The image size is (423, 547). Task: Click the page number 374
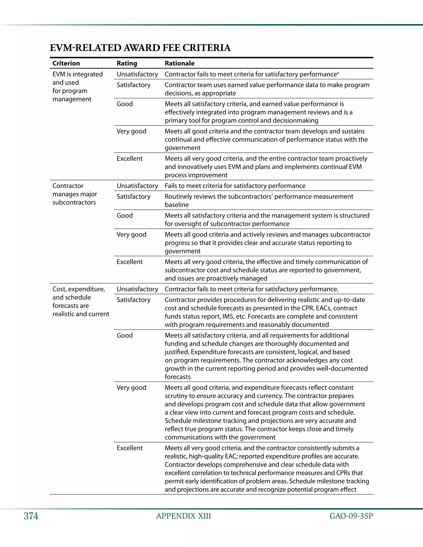(x=31, y=516)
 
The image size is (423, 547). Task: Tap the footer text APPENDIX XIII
(x=183, y=516)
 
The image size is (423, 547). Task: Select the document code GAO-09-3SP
(x=351, y=516)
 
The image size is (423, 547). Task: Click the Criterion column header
(x=66, y=63)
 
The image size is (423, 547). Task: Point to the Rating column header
(x=127, y=63)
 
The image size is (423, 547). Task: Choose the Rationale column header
(x=179, y=63)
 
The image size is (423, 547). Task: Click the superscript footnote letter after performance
(x=338, y=73)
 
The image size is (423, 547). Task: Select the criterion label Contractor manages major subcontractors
(x=74, y=194)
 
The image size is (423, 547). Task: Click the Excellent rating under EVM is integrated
(x=130, y=159)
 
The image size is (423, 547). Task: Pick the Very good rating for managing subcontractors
(x=131, y=235)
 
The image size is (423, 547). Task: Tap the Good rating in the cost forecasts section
(x=125, y=335)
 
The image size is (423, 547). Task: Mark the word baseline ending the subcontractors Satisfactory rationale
(x=177, y=205)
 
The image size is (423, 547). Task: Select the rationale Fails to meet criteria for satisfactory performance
(x=235, y=186)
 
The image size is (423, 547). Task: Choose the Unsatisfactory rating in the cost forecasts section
(x=137, y=289)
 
